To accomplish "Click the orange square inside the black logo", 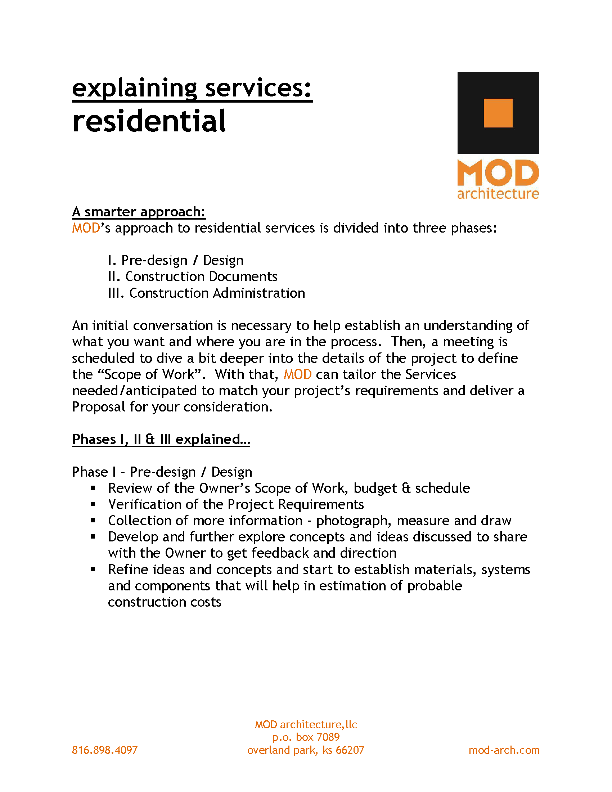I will tap(498, 113).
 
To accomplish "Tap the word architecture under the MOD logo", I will tap(498, 194).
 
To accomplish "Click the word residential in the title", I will tap(149, 121).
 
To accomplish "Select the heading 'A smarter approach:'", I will tap(139, 212).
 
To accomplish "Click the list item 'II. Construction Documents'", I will tap(193, 277).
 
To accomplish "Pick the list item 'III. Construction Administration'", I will tap(206, 293).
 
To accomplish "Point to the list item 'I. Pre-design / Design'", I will tap(175, 260).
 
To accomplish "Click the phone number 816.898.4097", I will tap(105, 750).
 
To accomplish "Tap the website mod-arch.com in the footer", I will tap(504, 750).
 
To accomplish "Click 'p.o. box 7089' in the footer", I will tap(306, 737).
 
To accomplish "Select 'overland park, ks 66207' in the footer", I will tap(306, 750).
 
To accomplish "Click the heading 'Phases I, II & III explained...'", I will tap(161, 439).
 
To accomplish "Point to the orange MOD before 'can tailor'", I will tap(297, 374).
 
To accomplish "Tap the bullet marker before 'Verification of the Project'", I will tap(93, 504).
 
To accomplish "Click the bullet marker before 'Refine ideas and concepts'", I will tap(93, 570).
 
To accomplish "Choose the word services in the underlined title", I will tap(258, 88).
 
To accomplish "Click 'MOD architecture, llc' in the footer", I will tap(306, 724).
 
